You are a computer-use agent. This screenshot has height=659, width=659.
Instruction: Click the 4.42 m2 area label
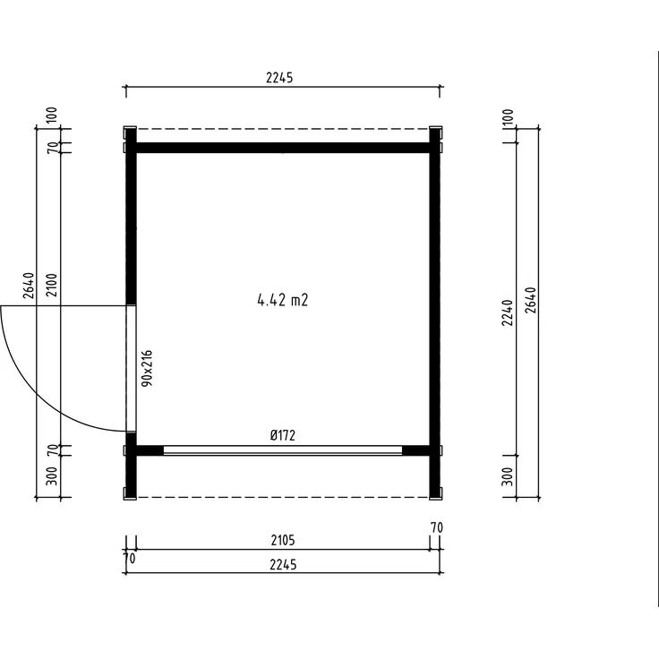point(282,300)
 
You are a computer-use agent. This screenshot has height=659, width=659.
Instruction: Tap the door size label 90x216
point(147,368)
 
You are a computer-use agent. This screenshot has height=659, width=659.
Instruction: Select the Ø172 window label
point(283,435)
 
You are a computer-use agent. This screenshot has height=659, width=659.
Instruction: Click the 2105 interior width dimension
point(283,540)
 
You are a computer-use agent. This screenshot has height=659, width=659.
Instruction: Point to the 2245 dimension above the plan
point(279,78)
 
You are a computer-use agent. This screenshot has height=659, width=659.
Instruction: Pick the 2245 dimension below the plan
point(283,564)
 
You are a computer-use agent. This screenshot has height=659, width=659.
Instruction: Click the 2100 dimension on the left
point(52,285)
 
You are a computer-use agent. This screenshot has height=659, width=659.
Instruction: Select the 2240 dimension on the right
point(508,312)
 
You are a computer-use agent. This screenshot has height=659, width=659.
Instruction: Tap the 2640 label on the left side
point(29,286)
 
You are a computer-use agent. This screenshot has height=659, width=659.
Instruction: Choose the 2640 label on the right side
point(531,300)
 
